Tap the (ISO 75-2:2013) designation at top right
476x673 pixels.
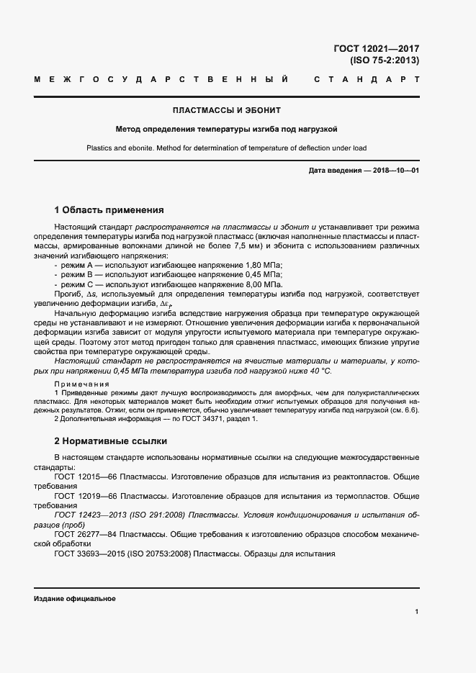384,60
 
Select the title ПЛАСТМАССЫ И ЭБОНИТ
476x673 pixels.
226,111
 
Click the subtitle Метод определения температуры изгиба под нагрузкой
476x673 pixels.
227,130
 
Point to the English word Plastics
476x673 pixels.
101,148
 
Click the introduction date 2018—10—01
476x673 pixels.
394,170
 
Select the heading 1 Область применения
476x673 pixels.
109,210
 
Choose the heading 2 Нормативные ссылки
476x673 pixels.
111,440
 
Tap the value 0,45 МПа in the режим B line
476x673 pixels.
261,275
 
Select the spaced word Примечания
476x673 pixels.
81,384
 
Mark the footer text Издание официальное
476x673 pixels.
74,599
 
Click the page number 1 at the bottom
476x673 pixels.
416,612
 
